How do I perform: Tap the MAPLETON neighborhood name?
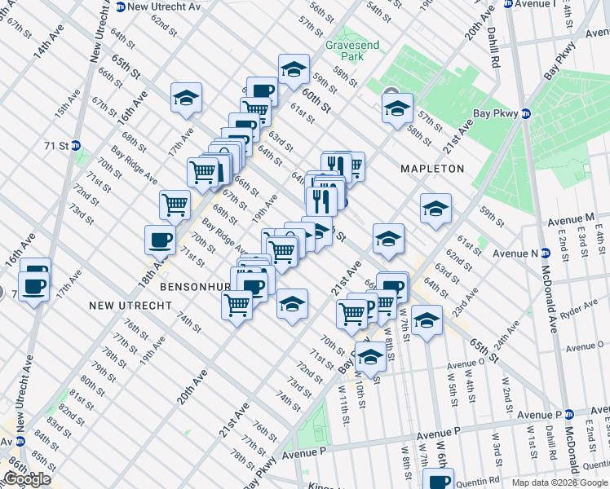click(x=431, y=169)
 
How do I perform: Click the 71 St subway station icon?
click(x=76, y=146)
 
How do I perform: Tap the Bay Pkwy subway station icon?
click(x=526, y=114)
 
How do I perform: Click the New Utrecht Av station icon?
click(x=120, y=7)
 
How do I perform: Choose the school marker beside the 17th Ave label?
click(x=187, y=98)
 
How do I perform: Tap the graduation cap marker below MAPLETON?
click(x=436, y=209)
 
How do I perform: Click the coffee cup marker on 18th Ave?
click(x=160, y=239)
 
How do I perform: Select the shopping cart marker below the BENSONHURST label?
click(x=237, y=305)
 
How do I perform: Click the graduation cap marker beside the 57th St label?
click(x=397, y=108)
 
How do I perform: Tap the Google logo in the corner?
click(x=27, y=479)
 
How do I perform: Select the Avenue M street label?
click(x=571, y=219)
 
